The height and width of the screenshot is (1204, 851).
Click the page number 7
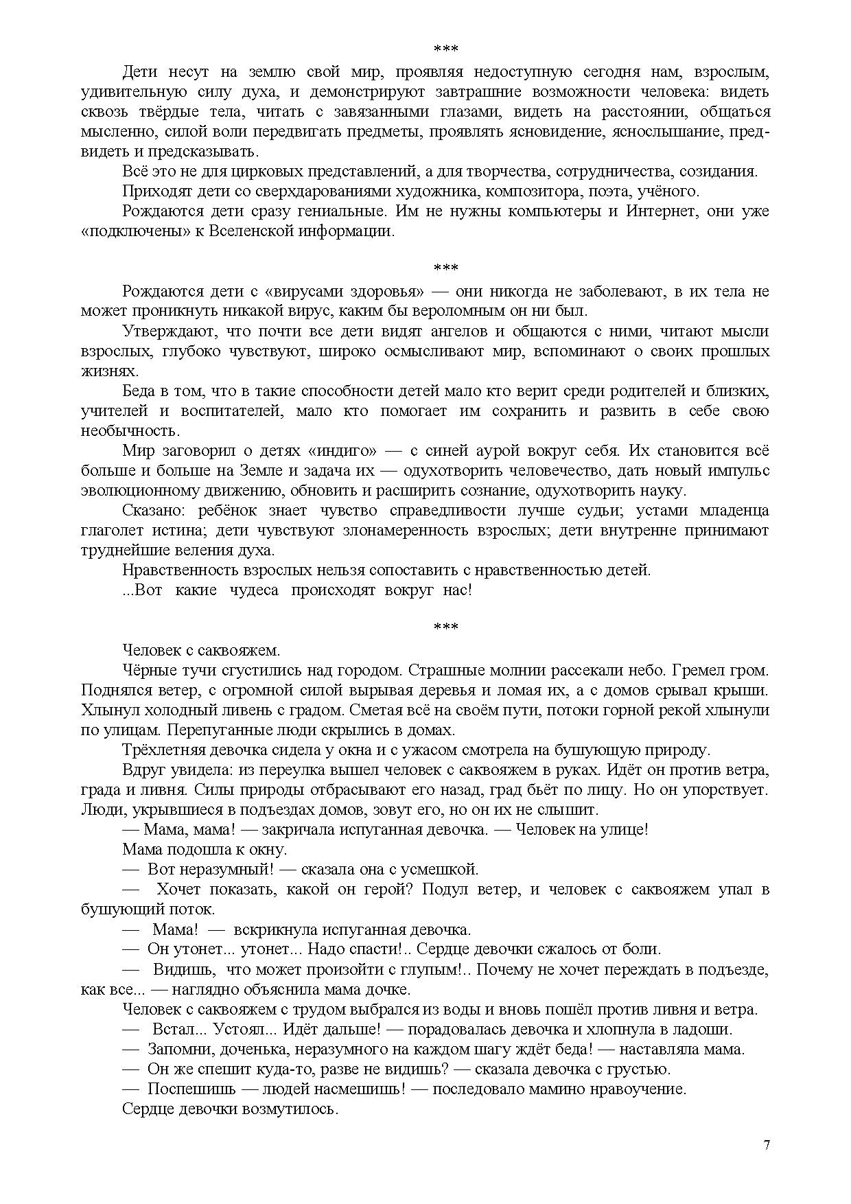click(766, 1145)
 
